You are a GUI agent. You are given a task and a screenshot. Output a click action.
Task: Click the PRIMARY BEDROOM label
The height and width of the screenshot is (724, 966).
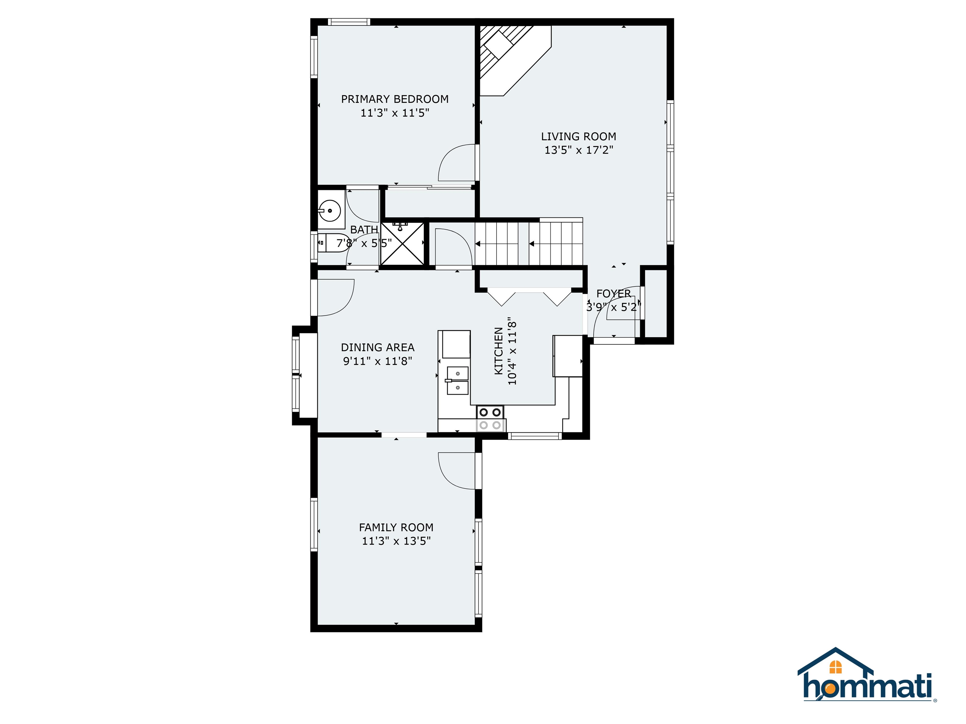click(395, 99)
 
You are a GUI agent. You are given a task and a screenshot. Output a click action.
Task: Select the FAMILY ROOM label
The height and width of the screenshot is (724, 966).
click(396, 527)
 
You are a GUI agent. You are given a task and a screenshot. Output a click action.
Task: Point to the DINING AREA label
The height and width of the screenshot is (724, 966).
click(378, 347)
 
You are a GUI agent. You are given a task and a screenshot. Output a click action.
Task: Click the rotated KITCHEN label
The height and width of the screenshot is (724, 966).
click(499, 351)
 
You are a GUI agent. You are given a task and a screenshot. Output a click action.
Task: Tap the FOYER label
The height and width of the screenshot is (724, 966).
click(613, 294)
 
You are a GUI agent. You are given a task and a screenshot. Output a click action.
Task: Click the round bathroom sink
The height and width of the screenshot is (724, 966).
click(329, 211)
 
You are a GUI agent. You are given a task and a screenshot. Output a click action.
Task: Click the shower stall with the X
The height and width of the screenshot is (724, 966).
click(402, 244)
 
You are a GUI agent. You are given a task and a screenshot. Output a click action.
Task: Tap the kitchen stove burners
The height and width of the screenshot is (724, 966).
click(490, 418)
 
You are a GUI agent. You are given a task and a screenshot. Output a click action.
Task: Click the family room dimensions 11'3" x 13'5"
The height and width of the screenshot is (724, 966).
click(396, 541)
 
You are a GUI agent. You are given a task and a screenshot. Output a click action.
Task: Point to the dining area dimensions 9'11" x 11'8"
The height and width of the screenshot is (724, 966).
click(378, 361)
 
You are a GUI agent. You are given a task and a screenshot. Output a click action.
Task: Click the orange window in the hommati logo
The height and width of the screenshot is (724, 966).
click(836, 667)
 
